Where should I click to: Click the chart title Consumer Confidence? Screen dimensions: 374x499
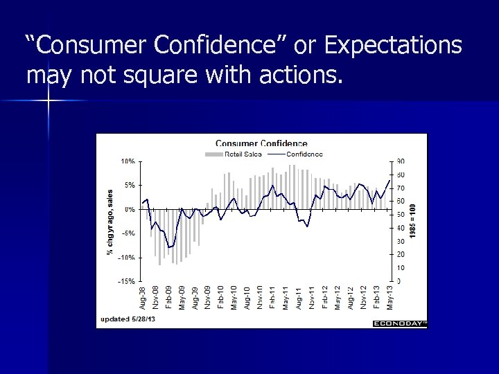261,144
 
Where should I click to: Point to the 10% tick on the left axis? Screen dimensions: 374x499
128,161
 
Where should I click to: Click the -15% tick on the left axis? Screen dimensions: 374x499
126,281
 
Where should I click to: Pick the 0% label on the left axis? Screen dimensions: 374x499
129,209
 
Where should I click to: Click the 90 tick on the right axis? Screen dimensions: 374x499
401,161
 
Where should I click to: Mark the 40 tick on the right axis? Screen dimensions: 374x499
401,228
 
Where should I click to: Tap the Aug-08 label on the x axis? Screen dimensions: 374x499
143,298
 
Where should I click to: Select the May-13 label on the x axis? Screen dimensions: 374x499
389,298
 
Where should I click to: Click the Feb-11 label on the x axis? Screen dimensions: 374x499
272,298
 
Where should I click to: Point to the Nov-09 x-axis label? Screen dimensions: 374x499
207,298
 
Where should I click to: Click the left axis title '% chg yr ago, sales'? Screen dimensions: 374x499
110,220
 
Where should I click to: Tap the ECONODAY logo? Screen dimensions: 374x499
399,323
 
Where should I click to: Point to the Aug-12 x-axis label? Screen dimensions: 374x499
351,298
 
